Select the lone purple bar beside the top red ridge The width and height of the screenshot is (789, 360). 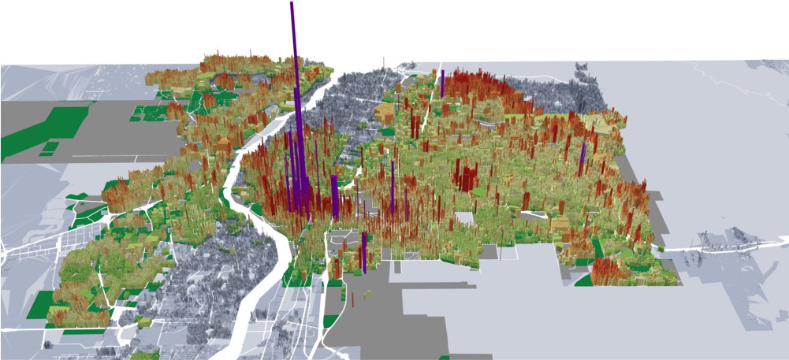pos(443,83)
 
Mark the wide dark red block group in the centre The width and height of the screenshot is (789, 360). pos(466,177)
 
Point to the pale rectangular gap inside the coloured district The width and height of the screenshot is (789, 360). pos(466,220)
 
